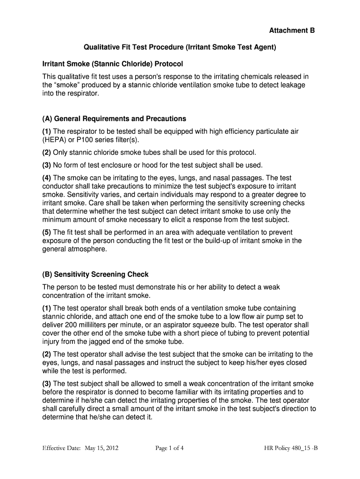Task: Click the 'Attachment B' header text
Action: pyautogui.click(x=292, y=31)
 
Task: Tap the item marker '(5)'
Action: pyautogui.click(x=47, y=232)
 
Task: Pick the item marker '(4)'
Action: pyautogui.click(x=47, y=178)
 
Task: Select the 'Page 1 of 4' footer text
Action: pyautogui.click(x=169, y=448)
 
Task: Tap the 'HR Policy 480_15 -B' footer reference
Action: pyautogui.click(x=291, y=448)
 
